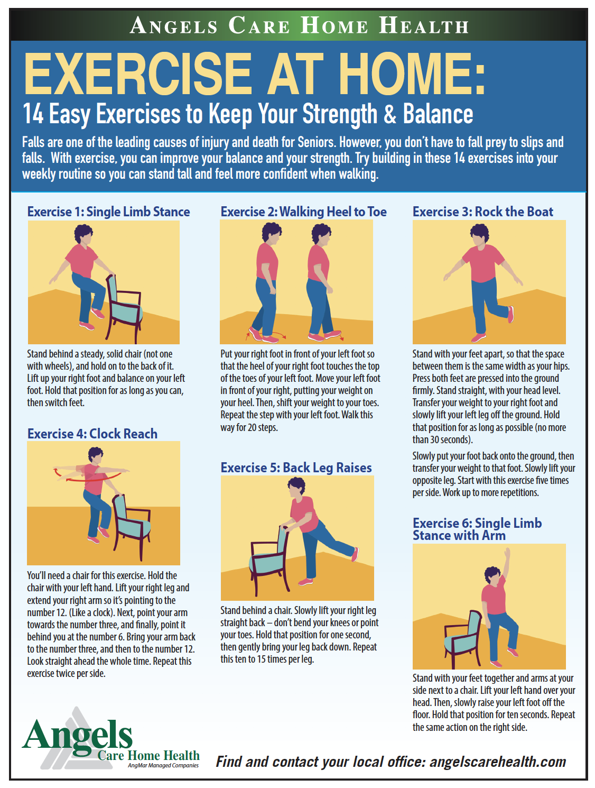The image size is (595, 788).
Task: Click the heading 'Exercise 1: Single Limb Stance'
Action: pos(108,212)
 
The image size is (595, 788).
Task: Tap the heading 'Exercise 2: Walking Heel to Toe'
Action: pos(303,212)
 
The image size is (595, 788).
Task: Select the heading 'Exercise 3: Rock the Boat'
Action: pos(482,212)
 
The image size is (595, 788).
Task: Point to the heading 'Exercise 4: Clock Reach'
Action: pos(92,433)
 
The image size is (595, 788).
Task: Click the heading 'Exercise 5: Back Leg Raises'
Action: pos(296,468)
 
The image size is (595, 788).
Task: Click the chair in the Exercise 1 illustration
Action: pos(124,308)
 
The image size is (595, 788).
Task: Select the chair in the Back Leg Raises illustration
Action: pos(269,560)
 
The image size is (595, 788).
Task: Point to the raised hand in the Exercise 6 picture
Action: pos(507,553)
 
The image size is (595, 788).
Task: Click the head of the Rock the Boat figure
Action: pos(480,234)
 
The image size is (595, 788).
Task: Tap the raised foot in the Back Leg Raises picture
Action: pos(355,554)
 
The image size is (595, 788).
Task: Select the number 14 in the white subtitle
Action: pos(33,114)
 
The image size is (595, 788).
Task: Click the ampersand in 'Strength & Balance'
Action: pos(389,114)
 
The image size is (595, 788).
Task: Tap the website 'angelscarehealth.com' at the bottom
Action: pos(497,762)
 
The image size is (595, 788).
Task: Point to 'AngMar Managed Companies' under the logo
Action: pos(163,765)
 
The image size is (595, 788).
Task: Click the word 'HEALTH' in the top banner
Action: pos(424,26)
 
